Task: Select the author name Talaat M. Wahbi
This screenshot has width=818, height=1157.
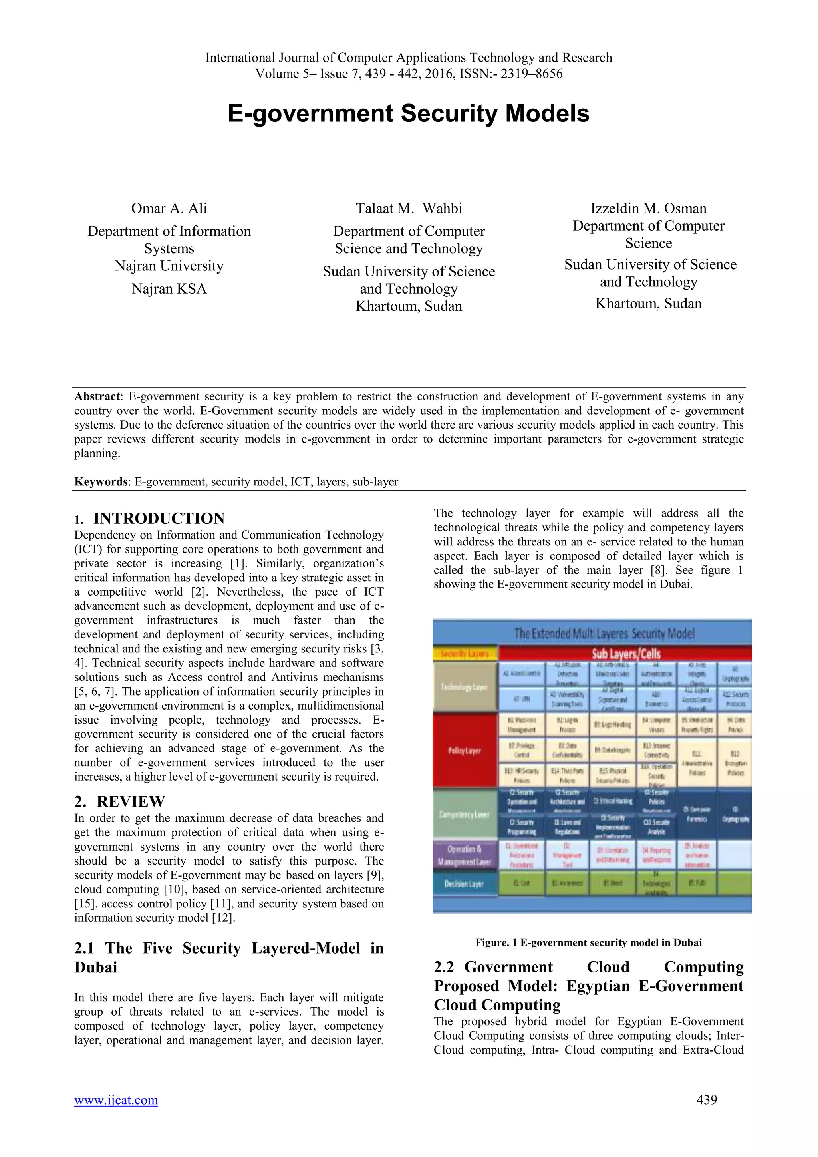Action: [409, 208]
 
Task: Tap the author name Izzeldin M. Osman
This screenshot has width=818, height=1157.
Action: [648, 208]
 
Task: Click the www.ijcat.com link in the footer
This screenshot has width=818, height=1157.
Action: [116, 1099]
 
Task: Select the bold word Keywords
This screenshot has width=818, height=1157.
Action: [101, 482]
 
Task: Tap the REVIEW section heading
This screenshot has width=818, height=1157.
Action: [131, 801]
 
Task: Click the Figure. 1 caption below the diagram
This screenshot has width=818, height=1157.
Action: [588, 942]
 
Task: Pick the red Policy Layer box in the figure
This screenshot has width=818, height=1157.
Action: [465, 750]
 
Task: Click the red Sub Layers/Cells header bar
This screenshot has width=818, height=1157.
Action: [625, 654]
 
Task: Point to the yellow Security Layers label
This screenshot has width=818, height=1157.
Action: [465, 654]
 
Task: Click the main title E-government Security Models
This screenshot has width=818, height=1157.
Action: [409, 113]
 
